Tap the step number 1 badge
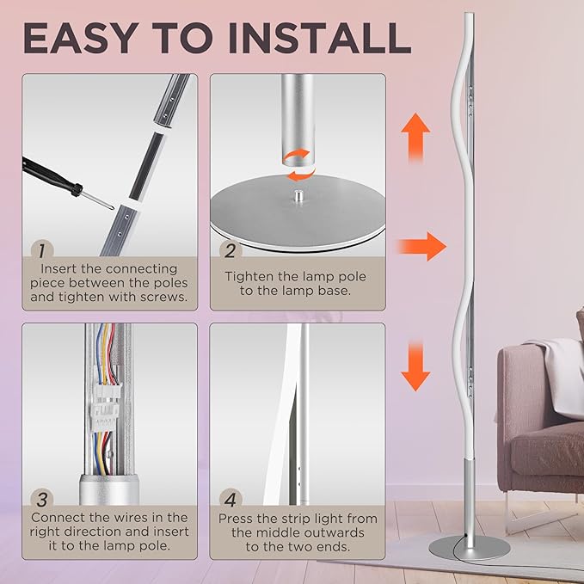point(39,251)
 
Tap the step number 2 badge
point(228,251)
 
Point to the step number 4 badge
point(228,500)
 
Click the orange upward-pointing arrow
point(417,135)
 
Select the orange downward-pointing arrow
point(417,365)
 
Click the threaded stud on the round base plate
point(298,196)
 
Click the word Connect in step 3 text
point(58,518)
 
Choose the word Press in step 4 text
point(237,519)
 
